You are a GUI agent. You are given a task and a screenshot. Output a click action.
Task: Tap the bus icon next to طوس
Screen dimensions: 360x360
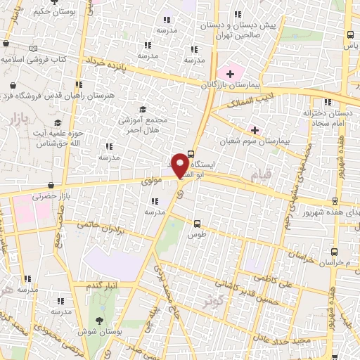pos(198,224)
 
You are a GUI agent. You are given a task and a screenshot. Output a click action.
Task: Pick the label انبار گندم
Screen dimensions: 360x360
pos(101,286)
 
